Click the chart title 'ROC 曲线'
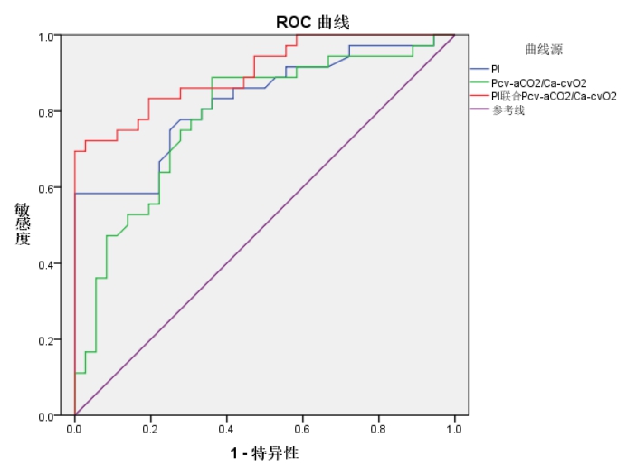click(x=312, y=21)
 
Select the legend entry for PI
click(x=496, y=69)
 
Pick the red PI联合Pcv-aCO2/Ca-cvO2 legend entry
click(x=554, y=96)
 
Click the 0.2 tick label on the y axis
click(x=44, y=340)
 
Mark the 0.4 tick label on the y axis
click(x=44, y=264)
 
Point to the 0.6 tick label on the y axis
click(x=44, y=188)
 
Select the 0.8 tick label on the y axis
click(x=44, y=112)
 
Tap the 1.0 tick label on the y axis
click(x=44, y=36)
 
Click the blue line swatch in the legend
click(x=479, y=69)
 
